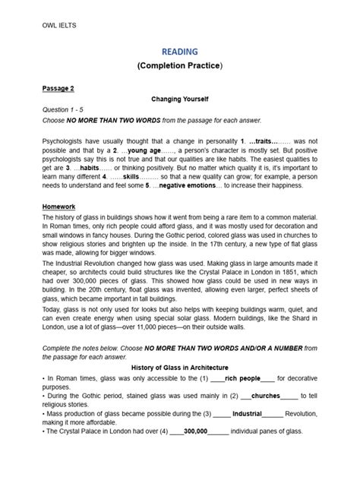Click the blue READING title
(x=179, y=52)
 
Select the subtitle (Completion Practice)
(x=179, y=67)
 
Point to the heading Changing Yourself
(x=179, y=99)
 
